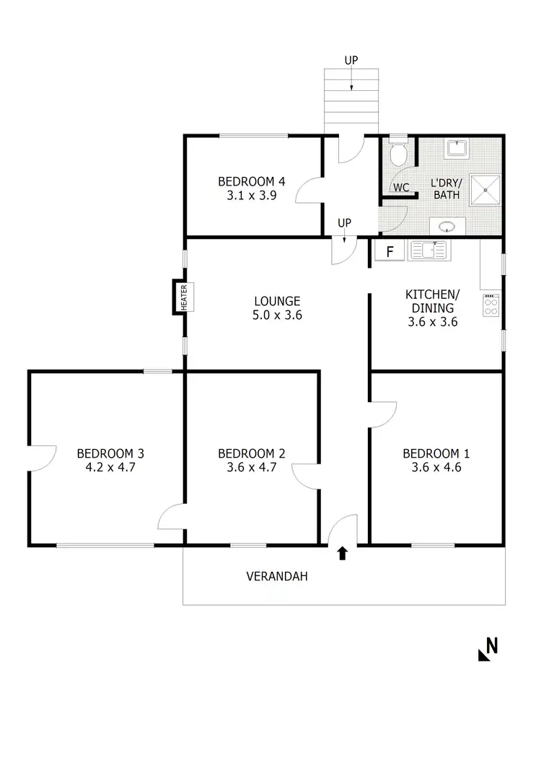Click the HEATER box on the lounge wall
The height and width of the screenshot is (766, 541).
184,296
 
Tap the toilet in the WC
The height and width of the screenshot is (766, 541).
398,154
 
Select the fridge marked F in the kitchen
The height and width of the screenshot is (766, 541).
390,252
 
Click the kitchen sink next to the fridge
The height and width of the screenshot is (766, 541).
429,251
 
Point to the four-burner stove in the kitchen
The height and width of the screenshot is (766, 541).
492,304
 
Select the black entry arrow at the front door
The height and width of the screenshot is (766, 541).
343,553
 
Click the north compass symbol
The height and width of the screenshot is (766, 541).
488,649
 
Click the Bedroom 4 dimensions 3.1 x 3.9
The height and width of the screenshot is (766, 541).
247,195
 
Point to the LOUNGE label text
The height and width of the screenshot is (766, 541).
277,301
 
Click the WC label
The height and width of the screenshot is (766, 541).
401,188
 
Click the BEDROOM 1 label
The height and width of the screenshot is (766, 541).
436,453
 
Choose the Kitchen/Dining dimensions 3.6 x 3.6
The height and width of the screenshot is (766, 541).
432,322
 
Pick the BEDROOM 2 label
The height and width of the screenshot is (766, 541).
252,453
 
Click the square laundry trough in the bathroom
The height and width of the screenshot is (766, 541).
456,149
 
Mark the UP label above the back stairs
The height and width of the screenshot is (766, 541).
351,61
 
